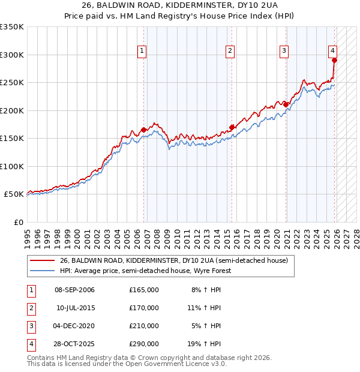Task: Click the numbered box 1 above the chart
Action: (x=142, y=51)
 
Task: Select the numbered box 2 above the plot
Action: (x=230, y=51)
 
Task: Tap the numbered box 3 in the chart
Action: (x=284, y=51)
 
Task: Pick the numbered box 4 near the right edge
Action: (x=332, y=51)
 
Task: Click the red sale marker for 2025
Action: (x=334, y=60)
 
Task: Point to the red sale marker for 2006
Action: (x=144, y=130)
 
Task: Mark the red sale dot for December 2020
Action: (x=286, y=104)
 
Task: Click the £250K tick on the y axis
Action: (x=12, y=83)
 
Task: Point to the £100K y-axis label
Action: (x=12, y=166)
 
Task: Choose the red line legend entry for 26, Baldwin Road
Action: (x=174, y=260)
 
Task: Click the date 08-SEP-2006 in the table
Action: (x=75, y=290)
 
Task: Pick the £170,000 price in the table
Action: (x=143, y=308)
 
